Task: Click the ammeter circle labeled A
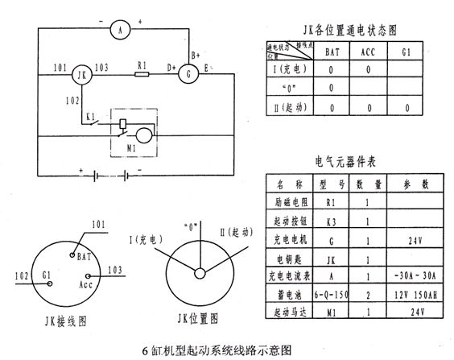point(120,31)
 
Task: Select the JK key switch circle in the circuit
point(80,76)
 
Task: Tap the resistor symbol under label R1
point(142,76)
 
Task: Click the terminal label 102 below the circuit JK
point(72,100)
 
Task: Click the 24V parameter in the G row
point(412,240)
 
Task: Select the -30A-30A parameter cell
point(412,275)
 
